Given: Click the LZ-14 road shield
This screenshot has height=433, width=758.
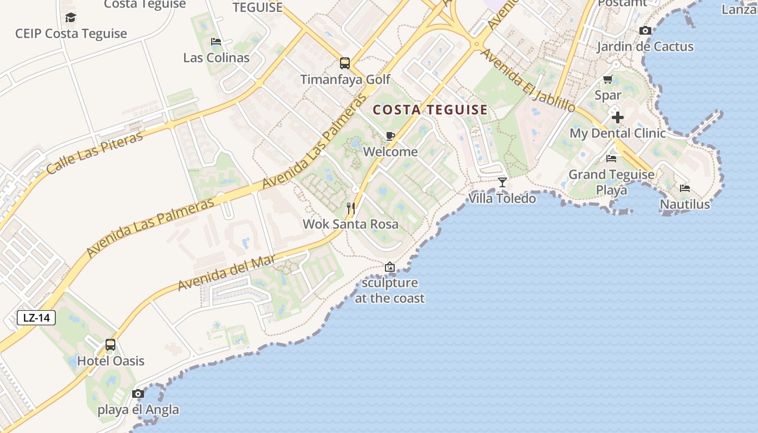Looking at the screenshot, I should [37, 318].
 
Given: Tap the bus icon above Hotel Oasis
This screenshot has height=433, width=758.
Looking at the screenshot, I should [110, 345].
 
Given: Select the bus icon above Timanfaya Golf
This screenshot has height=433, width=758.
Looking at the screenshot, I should [345, 63].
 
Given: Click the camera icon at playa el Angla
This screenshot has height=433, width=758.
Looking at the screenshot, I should [138, 393].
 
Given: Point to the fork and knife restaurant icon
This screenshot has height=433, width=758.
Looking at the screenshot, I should [351, 208].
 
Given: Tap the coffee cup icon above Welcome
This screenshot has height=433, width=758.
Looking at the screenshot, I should [390, 136].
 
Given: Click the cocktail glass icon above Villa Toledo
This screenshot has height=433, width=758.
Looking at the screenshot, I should [502, 182].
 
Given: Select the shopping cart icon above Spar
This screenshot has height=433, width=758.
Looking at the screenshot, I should [608, 80].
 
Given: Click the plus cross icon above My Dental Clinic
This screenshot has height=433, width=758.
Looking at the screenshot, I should [617, 117].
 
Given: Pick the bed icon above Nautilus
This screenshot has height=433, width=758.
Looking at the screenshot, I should [685, 188].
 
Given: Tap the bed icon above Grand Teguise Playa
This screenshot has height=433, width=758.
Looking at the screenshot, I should [611, 159].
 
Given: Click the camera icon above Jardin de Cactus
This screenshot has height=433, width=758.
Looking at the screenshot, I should [645, 31].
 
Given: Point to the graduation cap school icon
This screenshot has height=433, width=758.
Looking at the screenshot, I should [70, 18].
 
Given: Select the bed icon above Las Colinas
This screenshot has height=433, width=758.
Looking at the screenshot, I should [216, 42].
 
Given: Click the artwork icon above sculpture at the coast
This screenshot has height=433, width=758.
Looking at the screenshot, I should [389, 267].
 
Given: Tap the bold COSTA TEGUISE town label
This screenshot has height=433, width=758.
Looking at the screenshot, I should [430, 110].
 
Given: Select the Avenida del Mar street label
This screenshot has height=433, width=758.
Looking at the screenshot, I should [227, 273].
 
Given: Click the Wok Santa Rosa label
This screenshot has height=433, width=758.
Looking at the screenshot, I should [350, 224].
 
